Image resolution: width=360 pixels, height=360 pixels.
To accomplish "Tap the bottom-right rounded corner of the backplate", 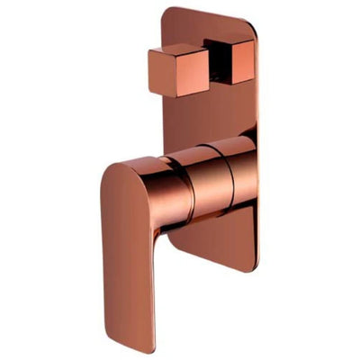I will point(251,262).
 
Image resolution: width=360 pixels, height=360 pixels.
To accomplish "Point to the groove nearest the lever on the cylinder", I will point(192,180).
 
